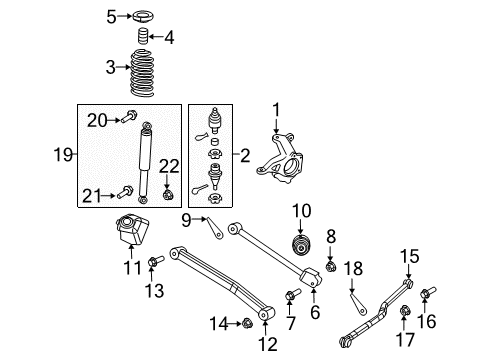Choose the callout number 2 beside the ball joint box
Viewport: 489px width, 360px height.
246,155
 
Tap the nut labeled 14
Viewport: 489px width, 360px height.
245,322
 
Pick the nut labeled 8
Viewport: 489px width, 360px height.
331,266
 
